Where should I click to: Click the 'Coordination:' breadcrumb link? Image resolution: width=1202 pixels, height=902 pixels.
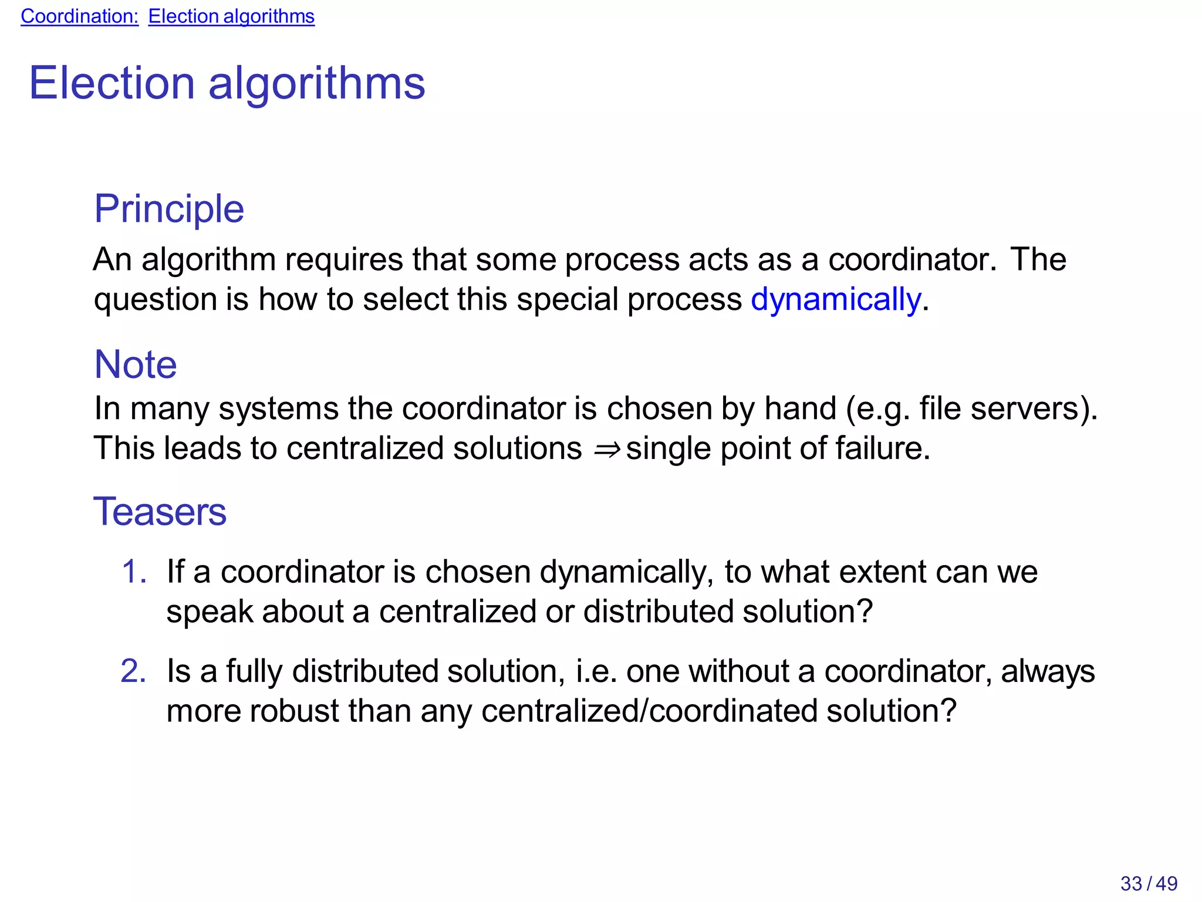tap(79, 16)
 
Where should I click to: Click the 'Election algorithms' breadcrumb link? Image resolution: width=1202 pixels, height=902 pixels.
tap(231, 16)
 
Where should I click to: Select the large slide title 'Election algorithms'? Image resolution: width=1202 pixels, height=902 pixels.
tap(227, 83)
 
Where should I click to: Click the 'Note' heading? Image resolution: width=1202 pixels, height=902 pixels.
tap(136, 364)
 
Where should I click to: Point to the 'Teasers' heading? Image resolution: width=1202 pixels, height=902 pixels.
tap(160, 511)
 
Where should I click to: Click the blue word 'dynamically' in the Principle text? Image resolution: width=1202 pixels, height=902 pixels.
tap(836, 300)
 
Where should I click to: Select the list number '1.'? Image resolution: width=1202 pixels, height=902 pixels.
tap(134, 572)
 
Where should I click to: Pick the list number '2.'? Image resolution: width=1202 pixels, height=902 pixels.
tap(134, 671)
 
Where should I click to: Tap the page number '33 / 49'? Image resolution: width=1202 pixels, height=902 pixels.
tap(1149, 883)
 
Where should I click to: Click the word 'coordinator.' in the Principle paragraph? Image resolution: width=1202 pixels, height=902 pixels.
tap(911, 259)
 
